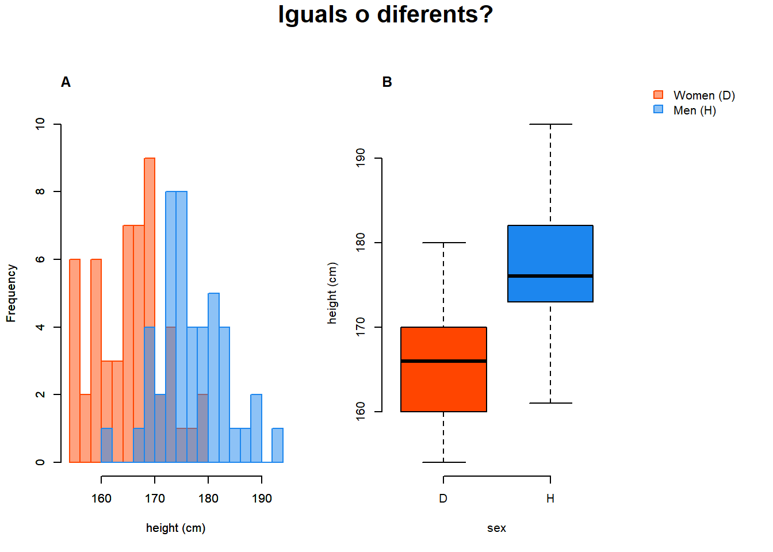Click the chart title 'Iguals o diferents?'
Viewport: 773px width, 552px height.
pyautogui.click(x=385, y=15)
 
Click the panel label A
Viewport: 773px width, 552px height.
pyautogui.click(x=66, y=82)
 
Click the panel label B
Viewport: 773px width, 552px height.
pyautogui.click(x=387, y=82)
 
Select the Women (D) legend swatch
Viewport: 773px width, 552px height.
pyautogui.click(x=659, y=95)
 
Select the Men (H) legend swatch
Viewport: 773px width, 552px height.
pyautogui.click(x=659, y=109)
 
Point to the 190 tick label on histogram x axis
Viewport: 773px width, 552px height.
pyautogui.click(x=262, y=499)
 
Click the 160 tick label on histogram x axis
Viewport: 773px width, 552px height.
pyautogui.click(x=101, y=499)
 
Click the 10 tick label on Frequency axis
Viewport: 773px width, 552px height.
pyautogui.click(x=40, y=124)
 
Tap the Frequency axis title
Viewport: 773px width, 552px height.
pyautogui.click(x=11, y=293)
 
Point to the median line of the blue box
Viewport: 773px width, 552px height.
pyautogui.click(x=550, y=276)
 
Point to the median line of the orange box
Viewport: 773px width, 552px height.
pyautogui.click(x=443, y=361)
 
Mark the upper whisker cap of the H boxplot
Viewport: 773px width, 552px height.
pyautogui.click(x=550, y=124)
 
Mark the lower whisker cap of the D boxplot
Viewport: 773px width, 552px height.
pyautogui.click(x=443, y=462)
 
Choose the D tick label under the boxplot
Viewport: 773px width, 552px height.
pyautogui.click(x=443, y=499)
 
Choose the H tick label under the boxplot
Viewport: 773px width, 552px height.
pyautogui.click(x=550, y=499)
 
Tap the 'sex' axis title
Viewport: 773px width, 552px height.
pyautogui.click(x=496, y=528)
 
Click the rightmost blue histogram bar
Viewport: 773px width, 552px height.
pyautogui.click(x=278, y=446)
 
